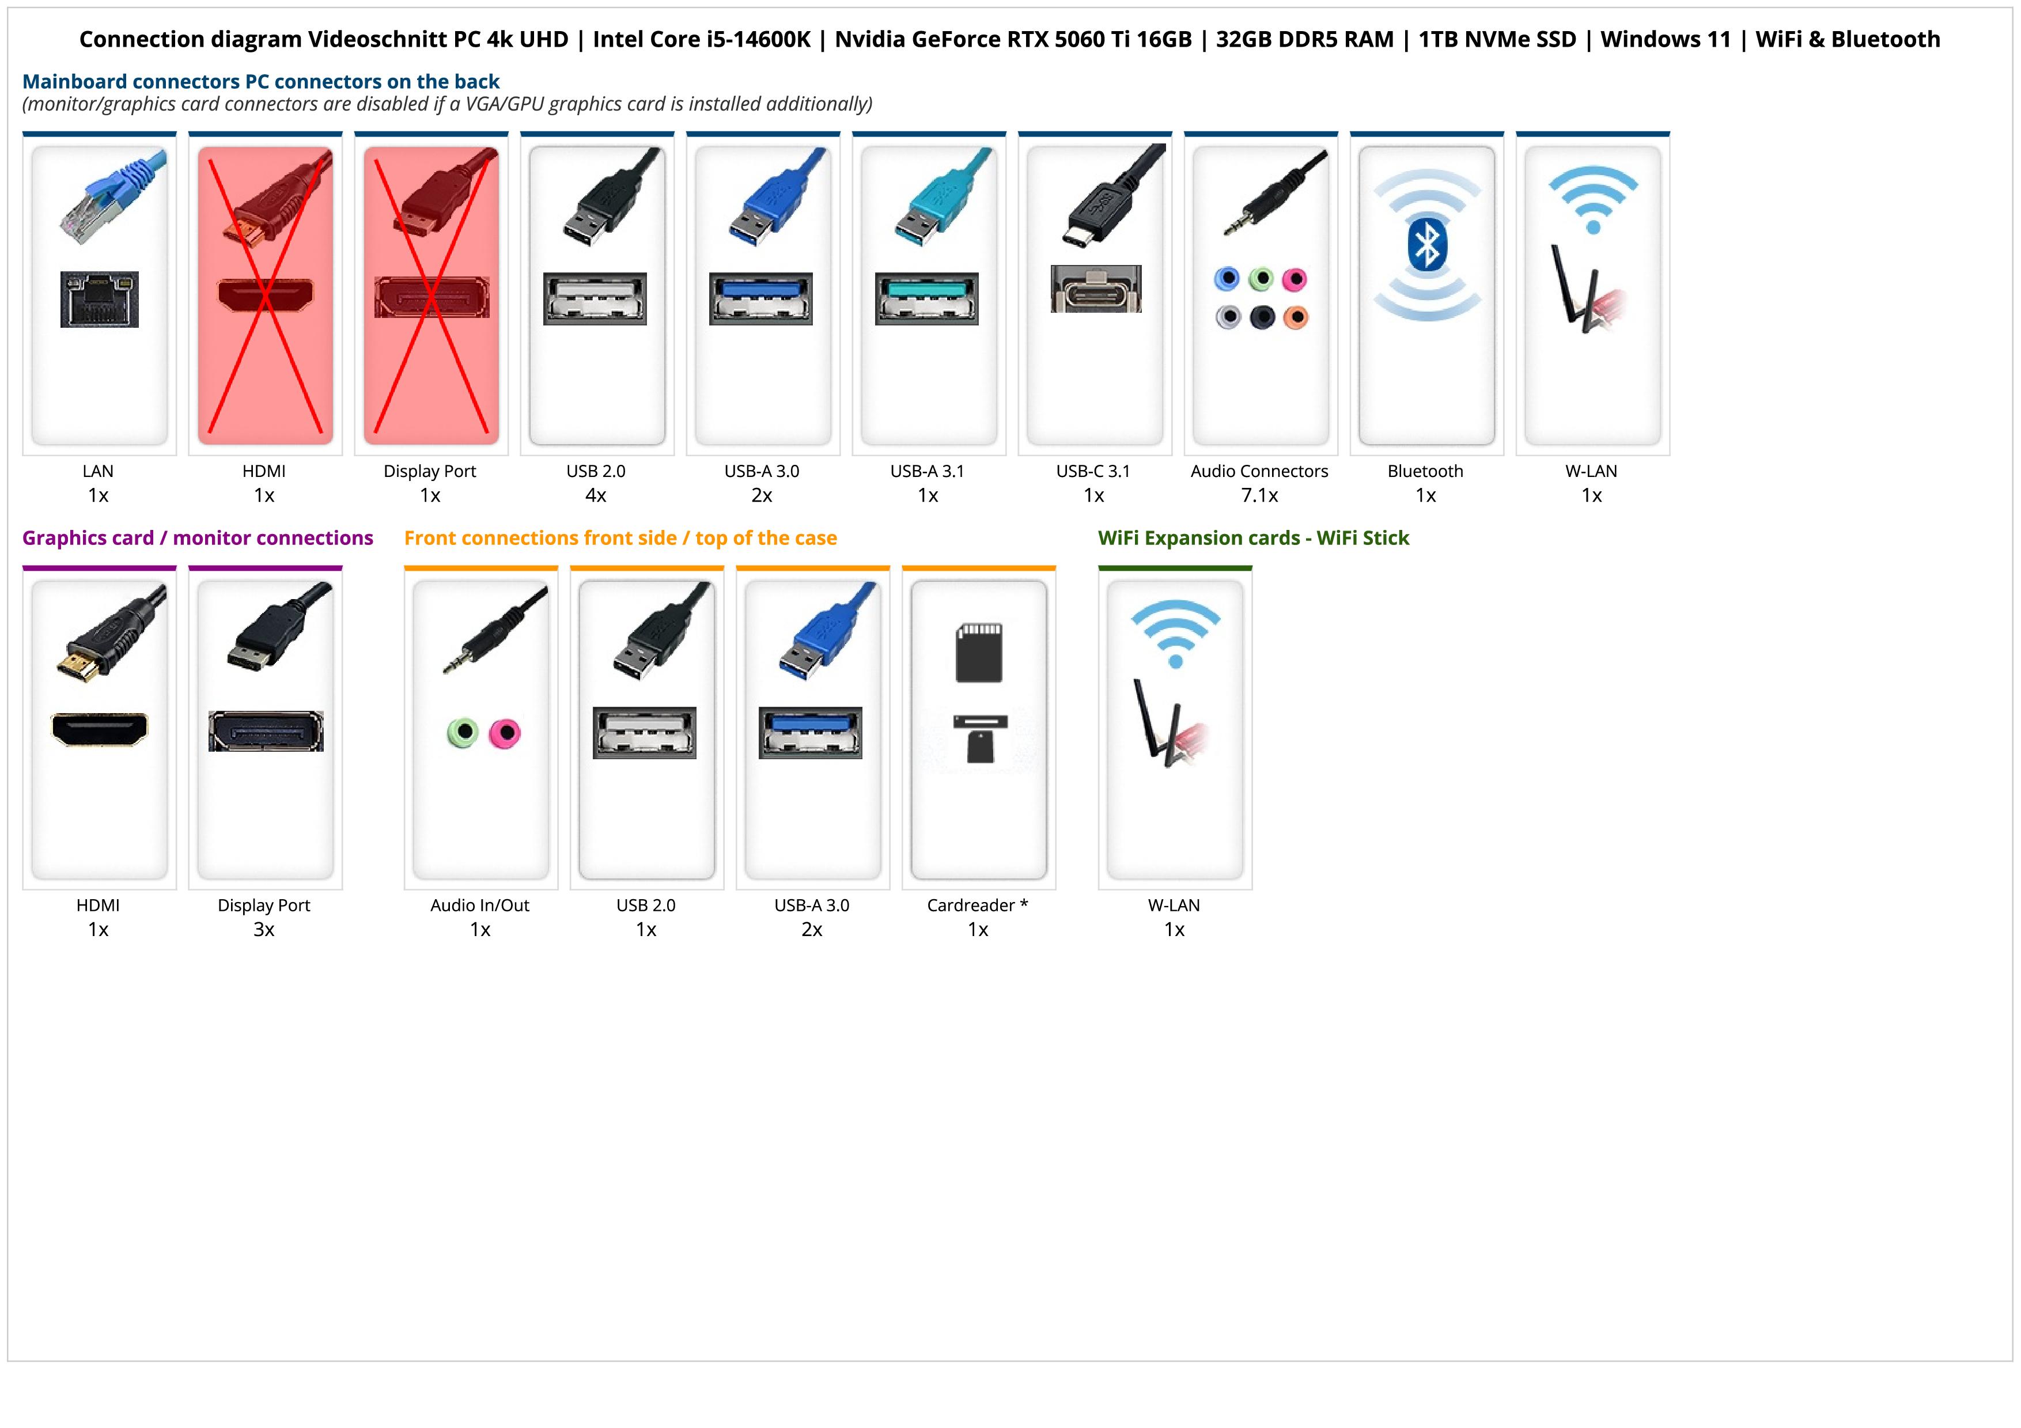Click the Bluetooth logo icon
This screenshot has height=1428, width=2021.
pos(1427,245)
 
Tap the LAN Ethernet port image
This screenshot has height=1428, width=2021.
pos(100,299)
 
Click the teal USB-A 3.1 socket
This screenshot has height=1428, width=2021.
pos(926,298)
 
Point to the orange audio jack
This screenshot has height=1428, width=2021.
pos(1295,317)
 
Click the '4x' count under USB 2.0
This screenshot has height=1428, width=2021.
pos(596,495)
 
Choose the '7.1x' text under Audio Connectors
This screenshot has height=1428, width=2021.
pos(1259,495)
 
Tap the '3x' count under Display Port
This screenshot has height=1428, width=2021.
pos(264,929)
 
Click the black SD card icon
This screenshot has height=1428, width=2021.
pos(979,653)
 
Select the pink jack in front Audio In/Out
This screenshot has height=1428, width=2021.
pos(505,732)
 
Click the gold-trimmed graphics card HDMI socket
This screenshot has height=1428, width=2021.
pos(100,729)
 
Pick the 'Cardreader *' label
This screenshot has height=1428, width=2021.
pos(977,906)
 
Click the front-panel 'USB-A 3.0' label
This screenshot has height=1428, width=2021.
pos(812,906)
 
